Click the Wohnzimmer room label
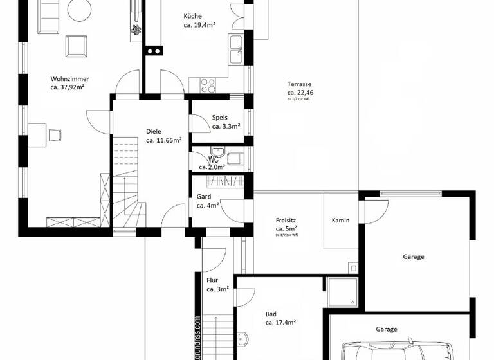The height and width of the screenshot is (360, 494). tap(69, 78)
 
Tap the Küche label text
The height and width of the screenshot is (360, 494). tap(192, 16)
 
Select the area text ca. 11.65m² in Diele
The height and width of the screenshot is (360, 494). tap(163, 139)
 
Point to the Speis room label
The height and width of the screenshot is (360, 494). tap(220, 118)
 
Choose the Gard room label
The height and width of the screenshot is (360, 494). tap(204, 197)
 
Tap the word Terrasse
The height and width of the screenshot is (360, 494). tap(300, 84)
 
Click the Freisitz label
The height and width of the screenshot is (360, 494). tap(286, 220)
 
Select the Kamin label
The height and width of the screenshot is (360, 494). tap(340, 221)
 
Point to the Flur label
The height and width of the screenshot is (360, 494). tap(212, 280)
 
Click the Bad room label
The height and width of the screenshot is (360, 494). tap(271, 314)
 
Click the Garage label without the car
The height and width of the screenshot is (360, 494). tap(413, 256)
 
